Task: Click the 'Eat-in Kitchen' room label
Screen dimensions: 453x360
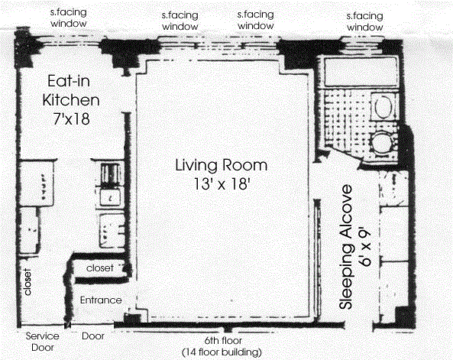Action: (x=71, y=90)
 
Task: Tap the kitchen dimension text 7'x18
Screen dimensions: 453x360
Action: (x=71, y=118)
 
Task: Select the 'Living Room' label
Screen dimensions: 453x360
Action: (x=222, y=165)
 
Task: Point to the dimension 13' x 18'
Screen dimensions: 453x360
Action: (x=222, y=183)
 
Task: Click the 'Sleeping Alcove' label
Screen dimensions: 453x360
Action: (x=346, y=247)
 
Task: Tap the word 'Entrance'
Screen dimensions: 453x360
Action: (x=101, y=300)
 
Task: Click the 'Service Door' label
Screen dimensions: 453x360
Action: (x=43, y=342)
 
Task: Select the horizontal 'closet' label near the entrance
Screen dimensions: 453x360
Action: (x=99, y=268)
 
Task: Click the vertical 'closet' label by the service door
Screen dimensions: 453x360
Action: (x=28, y=282)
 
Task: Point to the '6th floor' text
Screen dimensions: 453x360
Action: (x=223, y=341)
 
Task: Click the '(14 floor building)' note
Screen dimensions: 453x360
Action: (x=222, y=352)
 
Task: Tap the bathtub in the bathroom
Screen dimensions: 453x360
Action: (x=361, y=72)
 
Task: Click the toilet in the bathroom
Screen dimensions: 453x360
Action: (x=383, y=105)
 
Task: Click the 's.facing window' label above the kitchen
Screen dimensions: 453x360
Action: (x=69, y=18)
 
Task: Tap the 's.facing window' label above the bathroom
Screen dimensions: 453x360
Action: (x=365, y=21)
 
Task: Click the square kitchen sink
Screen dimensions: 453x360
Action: (x=110, y=197)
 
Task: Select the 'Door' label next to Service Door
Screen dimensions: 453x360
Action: (x=93, y=336)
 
